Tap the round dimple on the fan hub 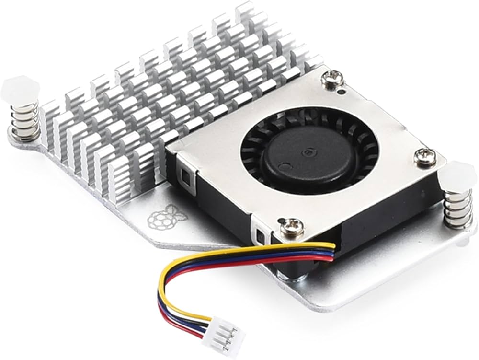285,169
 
